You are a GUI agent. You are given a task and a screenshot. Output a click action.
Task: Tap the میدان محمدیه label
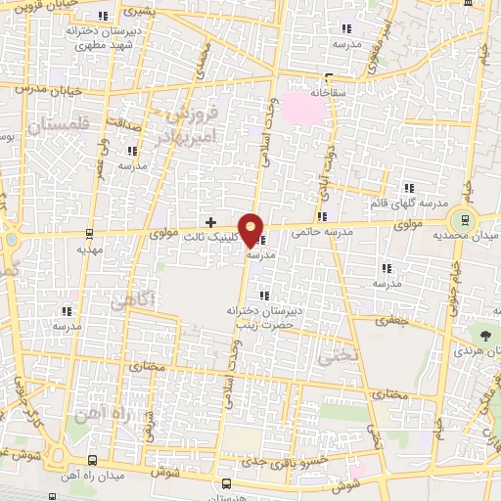click(x=468, y=237)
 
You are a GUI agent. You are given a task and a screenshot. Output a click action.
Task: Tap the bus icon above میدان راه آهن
click(x=93, y=460)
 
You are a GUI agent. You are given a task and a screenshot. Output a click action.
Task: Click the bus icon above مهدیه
click(x=89, y=234)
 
